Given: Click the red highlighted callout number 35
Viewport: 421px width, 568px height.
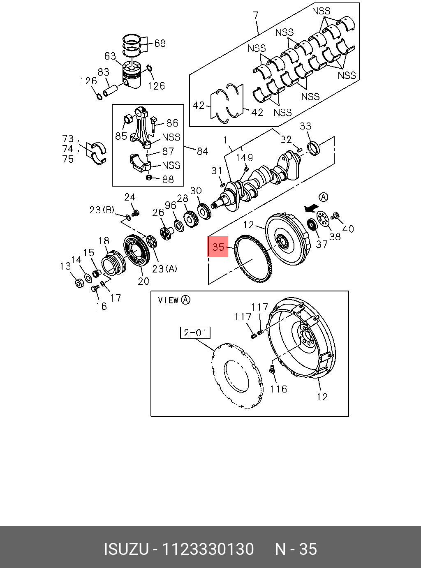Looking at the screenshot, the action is tap(218, 247).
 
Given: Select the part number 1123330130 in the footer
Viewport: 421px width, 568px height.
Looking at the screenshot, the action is tap(208, 549).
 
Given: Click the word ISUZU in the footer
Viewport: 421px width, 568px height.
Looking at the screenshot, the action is tap(126, 549).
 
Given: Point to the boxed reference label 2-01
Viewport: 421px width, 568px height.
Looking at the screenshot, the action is tap(195, 332).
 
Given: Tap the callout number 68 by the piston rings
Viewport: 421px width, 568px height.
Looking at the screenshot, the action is tap(160, 43).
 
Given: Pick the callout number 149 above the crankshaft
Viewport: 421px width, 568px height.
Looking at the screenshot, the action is tap(244, 158).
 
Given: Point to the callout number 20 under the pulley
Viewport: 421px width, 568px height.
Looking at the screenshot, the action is tap(143, 281).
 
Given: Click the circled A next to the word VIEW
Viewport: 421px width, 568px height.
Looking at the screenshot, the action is tap(186, 300).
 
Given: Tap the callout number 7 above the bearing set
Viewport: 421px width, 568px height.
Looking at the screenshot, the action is tap(256, 16).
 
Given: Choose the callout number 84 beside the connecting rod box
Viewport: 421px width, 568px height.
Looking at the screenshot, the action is tap(202, 151).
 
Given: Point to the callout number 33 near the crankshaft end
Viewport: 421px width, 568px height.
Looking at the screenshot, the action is tap(305, 126).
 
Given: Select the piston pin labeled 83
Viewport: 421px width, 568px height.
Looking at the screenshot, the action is tap(111, 88).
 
